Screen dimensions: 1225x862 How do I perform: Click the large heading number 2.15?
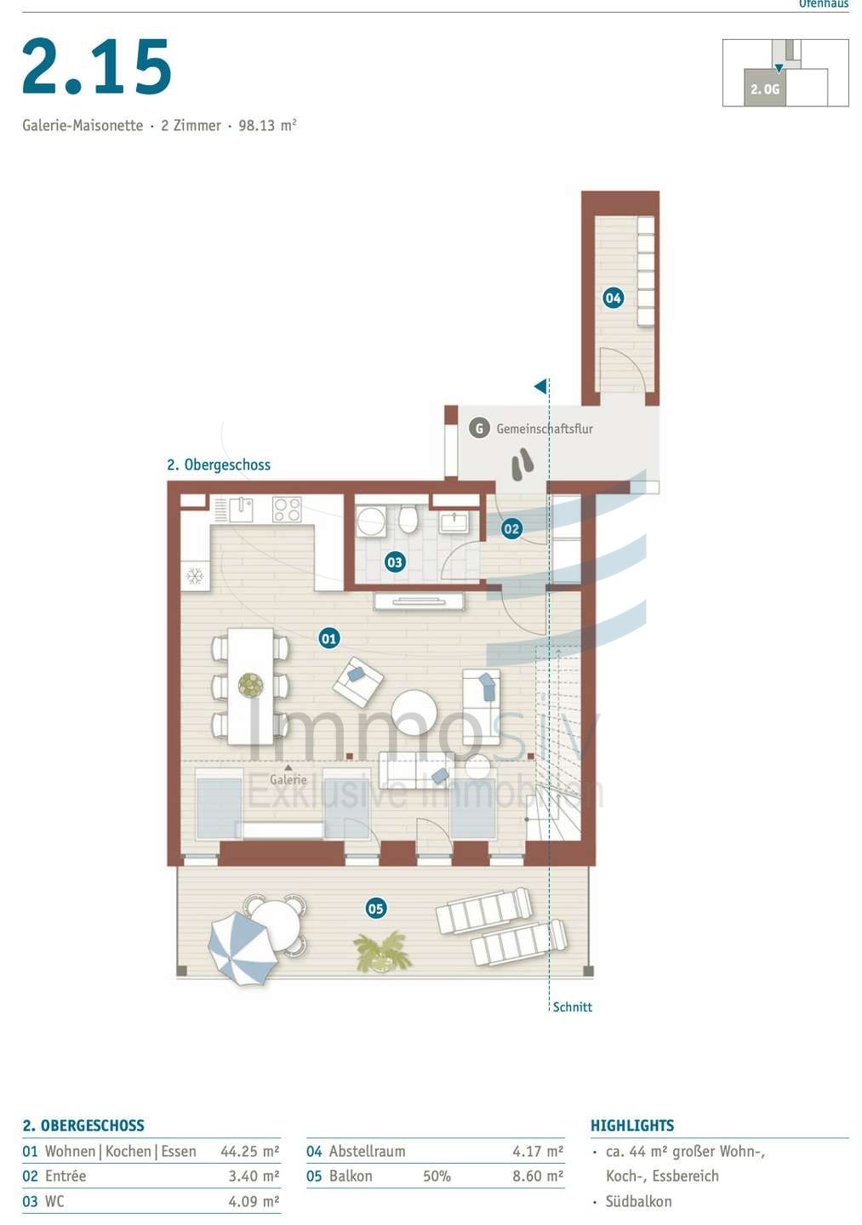coord(97,67)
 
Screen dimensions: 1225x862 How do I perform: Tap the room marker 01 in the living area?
coord(329,638)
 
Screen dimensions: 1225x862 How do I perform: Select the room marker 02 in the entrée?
coord(511,528)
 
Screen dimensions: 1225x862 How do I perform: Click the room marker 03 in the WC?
coord(394,561)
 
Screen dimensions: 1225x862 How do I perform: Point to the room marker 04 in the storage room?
coord(613,298)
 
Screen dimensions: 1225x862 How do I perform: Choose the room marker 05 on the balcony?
coord(375,909)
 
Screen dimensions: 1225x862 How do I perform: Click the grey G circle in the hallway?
coord(479,429)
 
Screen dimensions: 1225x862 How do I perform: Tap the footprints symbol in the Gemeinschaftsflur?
coord(522,464)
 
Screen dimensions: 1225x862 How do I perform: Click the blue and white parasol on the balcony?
coord(242,948)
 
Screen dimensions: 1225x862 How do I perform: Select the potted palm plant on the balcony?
coord(383,951)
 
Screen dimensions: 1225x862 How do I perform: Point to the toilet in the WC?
coord(408,518)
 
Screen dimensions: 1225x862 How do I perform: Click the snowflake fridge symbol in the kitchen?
coord(195,577)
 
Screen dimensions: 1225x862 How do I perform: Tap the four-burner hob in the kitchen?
coord(287,510)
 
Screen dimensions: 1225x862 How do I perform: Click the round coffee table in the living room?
coord(414,712)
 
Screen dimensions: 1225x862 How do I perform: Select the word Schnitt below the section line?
coord(572,1007)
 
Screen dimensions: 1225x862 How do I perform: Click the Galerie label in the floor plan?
coord(288,779)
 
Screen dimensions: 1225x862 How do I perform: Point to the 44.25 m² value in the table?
coord(249,1152)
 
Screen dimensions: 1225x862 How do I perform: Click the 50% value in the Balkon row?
coord(437,1177)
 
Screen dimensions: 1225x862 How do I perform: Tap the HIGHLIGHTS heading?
coord(631,1125)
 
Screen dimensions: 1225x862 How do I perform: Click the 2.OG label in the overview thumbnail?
coord(765,89)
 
